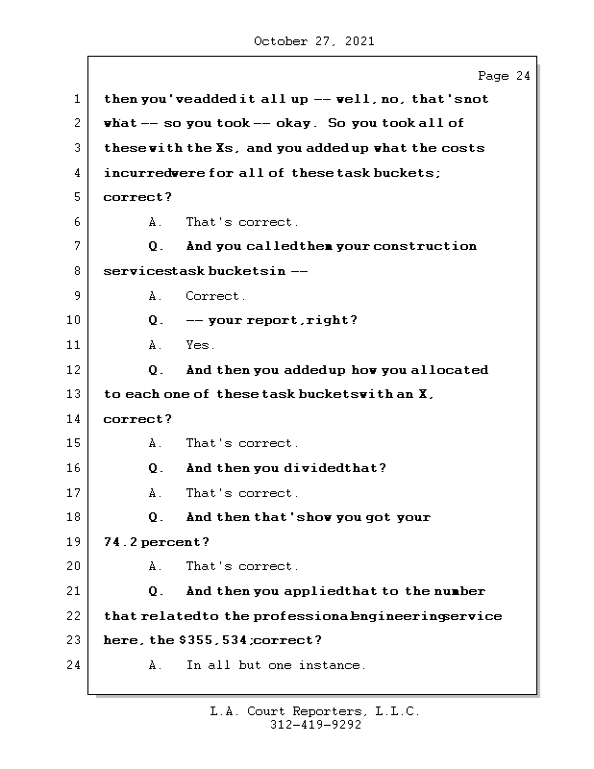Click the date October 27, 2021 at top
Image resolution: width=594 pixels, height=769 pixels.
click(x=314, y=41)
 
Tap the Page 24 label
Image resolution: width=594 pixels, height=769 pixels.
click(x=504, y=76)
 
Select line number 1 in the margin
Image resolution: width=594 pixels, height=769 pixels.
click(x=74, y=99)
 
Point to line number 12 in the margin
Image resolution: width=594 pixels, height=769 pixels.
click(x=74, y=370)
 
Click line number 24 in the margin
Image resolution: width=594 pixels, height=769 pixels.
click(x=74, y=665)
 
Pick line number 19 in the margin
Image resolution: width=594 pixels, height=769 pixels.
click(x=74, y=542)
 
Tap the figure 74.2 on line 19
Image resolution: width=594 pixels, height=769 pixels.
click(x=119, y=542)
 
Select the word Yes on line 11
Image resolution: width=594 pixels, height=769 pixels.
click(x=200, y=345)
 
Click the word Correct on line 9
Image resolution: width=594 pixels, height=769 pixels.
click(x=215, y=296)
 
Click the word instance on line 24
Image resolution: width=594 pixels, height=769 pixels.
click(x=333, y=665)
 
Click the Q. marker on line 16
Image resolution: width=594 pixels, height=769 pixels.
click(x=157, y=468)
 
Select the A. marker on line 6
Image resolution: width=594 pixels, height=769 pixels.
click(x=155, y=222)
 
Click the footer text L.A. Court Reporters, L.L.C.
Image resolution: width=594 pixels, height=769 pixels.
click(x=314, y=711)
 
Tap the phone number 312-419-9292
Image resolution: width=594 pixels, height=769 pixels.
click(x=314, y=726)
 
